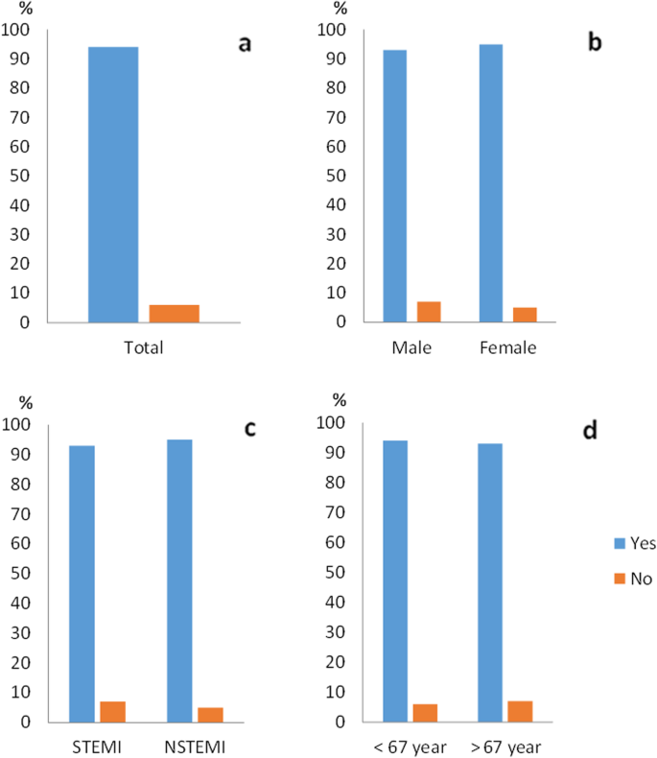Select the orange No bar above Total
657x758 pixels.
174,314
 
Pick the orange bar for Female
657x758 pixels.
524,315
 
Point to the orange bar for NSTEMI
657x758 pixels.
210,714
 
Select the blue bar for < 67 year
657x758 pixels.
394,580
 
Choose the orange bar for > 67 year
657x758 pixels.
520,711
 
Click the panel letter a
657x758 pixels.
246,44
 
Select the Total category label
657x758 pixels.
144,347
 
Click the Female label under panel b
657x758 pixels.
510,347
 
